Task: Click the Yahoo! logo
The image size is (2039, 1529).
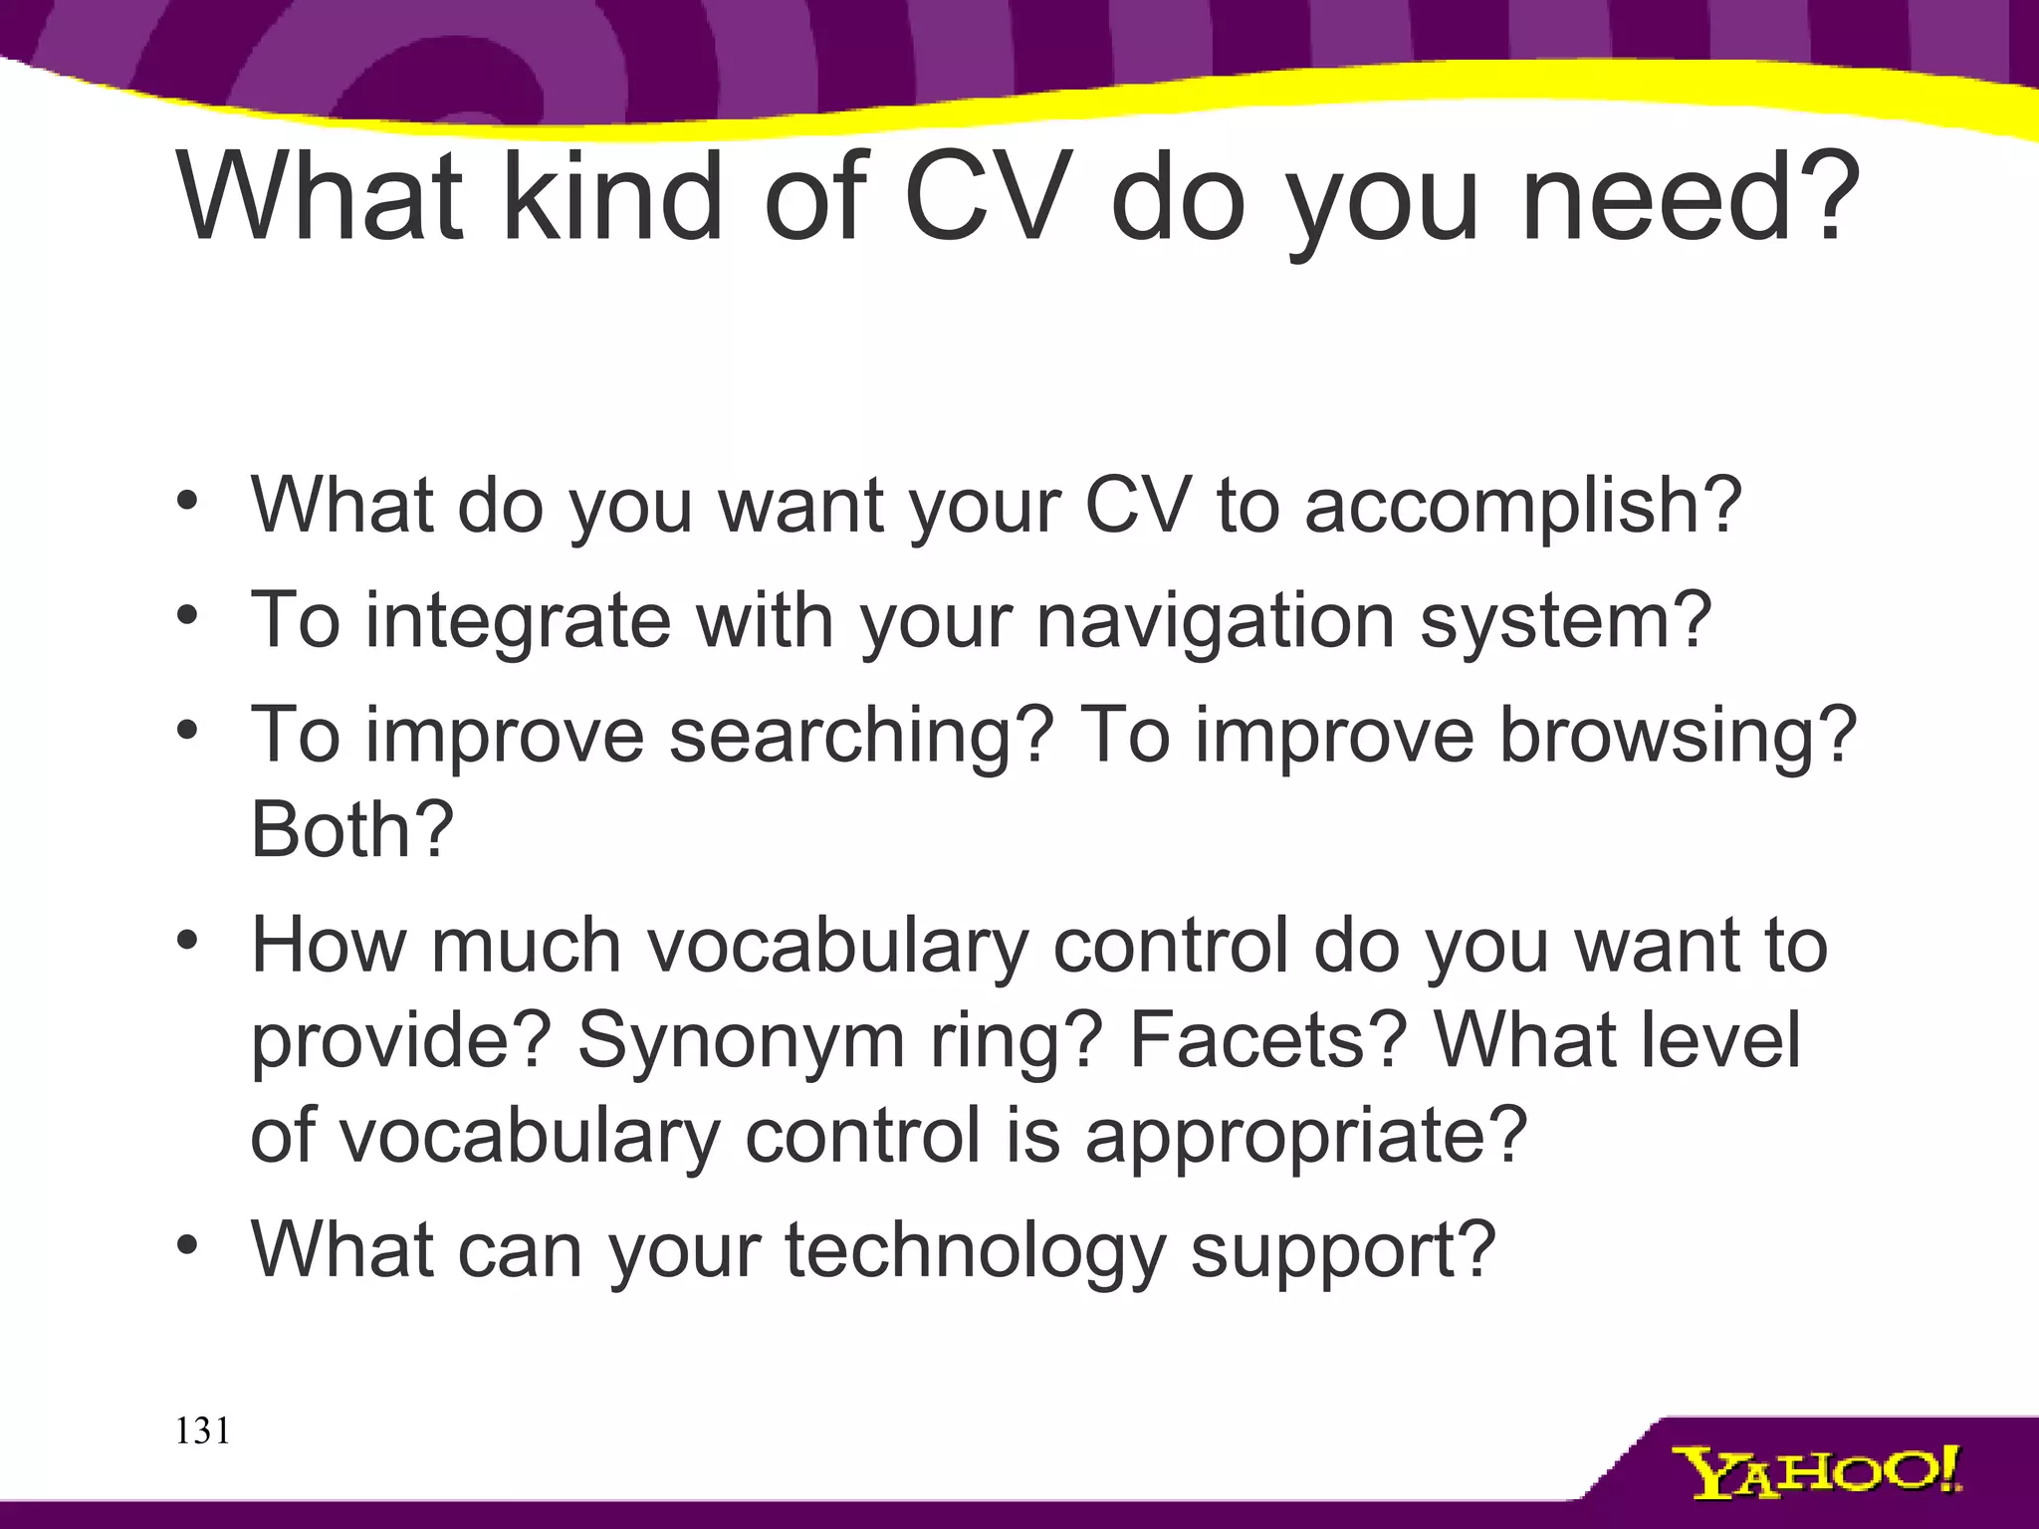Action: pos(1816,1472)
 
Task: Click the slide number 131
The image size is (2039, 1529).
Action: pos(202,1430)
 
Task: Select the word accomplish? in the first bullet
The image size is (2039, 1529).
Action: pos(1522,506)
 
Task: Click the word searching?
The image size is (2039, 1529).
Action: pos(861,736)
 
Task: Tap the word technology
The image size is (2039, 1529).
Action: pos(975,1250)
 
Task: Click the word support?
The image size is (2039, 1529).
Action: pos(1343,1250)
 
